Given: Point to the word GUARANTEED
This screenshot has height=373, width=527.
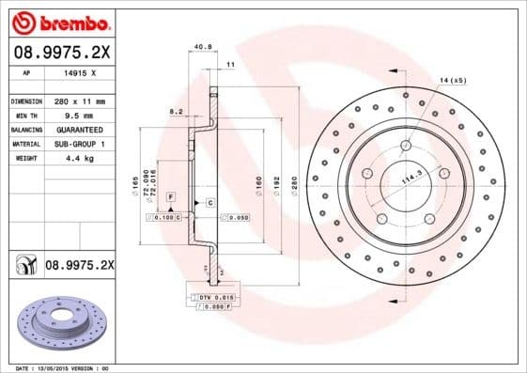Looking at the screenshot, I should click(x=72, y=129).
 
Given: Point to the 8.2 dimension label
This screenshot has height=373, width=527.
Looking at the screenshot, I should click(x=174, y=111).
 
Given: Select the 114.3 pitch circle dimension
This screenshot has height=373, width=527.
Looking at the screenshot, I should click(x=411, y=176).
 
